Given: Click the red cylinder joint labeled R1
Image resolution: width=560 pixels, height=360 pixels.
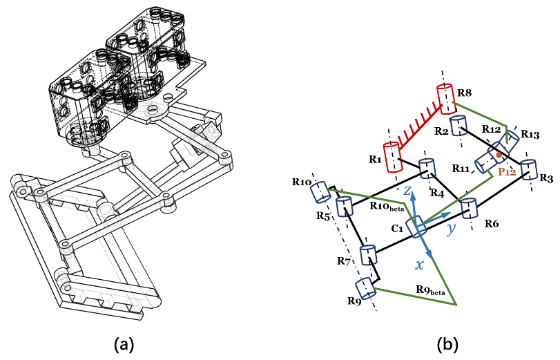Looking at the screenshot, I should click(393, 156).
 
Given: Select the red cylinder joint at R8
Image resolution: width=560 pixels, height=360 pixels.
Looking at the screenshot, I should click(445, 98).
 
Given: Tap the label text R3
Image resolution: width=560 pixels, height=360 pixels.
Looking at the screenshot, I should click(546, 178).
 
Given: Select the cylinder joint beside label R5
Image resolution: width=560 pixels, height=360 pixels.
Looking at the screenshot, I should click(345, 206).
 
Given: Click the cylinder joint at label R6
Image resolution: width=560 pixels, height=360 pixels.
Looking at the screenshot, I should click(469, 208).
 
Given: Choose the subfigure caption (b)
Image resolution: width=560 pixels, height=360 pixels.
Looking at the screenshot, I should click(443, 343).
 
